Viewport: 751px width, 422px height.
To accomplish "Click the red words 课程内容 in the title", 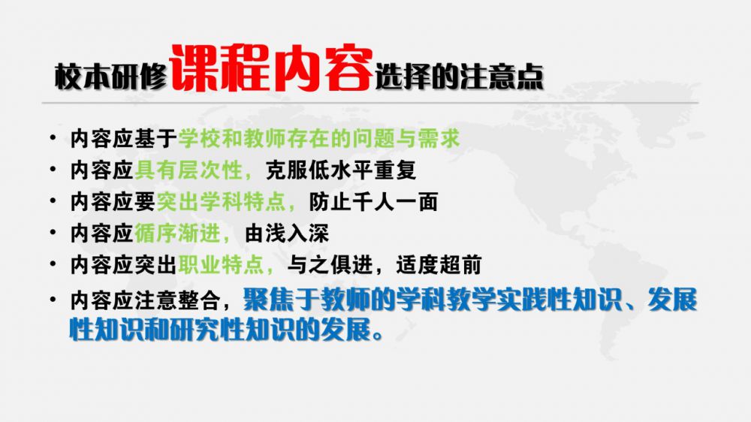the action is pos(270,68).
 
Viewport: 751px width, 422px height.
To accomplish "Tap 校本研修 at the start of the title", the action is pos(110,77).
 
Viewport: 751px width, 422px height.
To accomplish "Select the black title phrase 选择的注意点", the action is pos(459,77).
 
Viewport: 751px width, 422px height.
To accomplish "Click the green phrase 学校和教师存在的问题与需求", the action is pos(319,139).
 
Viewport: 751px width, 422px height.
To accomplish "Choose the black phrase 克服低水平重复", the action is pos(340,170).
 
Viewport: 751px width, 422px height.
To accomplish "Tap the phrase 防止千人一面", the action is pos(373,202).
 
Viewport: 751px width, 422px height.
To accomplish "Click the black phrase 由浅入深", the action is pos(286,234).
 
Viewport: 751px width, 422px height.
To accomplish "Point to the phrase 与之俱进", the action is pos(330,265).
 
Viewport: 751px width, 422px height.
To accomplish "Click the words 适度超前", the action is pos(439,265).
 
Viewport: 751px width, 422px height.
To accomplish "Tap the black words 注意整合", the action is pos(178,300).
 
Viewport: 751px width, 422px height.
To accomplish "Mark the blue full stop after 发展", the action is pos(379,336).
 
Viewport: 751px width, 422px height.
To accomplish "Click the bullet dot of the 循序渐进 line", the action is pos(53,233).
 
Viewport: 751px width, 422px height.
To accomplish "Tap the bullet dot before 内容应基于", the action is pos(53,138).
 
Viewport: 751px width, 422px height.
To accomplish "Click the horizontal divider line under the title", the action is pos(369,103).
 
